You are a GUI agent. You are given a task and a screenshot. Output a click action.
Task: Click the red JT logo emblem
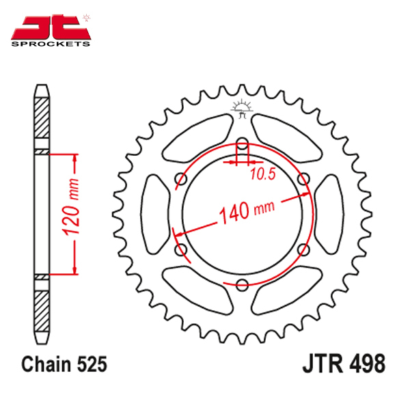click(51, 27)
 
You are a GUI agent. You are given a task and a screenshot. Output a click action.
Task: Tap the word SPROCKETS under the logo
click(51, 44)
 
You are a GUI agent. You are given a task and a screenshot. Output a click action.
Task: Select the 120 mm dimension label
click(70, 207)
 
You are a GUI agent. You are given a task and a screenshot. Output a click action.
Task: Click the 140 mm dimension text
click(247, 210)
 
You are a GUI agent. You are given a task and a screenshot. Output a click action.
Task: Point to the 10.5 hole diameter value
click(263, 174)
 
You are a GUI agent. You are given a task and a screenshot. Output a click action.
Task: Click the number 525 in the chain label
click(92, 364)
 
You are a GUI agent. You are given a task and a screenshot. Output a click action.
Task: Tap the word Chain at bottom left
click(46, 364)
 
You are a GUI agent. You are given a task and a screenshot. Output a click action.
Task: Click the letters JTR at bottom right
click(323, 364)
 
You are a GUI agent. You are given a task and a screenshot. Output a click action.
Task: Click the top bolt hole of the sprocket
click(242, 143)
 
